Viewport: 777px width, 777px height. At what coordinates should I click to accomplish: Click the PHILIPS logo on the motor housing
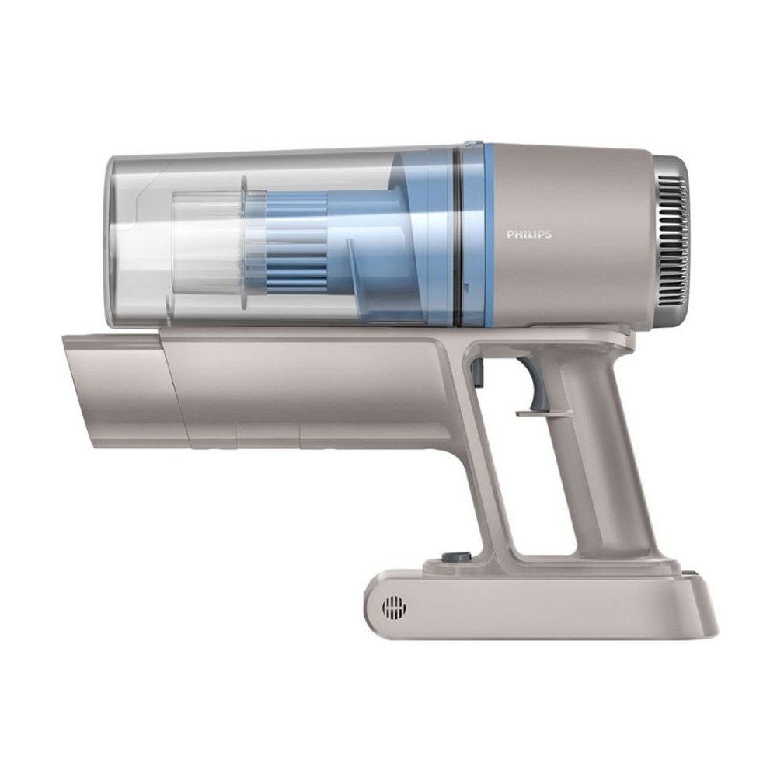[528, 235]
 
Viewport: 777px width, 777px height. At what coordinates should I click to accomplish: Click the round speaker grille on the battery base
[395, 606]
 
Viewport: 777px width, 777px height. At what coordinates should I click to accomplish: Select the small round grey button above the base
[451, 556]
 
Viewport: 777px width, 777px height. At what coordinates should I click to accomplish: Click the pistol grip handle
[615, 446]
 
